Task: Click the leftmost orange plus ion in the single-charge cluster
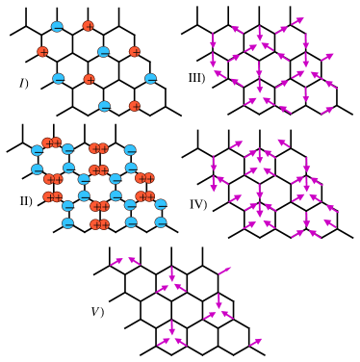(x=42, y=52)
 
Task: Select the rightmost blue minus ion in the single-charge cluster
(x=150, y=79)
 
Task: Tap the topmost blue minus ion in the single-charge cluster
(x=57, y=27)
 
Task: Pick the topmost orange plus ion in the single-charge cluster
(x=88, y=26)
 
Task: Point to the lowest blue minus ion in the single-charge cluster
(x=104, y=106)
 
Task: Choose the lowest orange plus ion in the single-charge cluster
(x=135, y=106)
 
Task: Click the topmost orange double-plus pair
(x=52, y=143)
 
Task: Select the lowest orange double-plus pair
(x=99, y=224)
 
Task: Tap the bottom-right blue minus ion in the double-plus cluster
(x=161, y=222)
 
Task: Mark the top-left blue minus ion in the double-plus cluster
(x=37, y=150)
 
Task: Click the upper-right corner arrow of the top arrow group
(x=297, y=21)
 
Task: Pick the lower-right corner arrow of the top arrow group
(x=326, y=111)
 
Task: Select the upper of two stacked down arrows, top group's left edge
(x=214, y=39)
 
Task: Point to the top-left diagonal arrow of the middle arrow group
(x=236, y=144)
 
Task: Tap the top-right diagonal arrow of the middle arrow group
(x=283, y=143)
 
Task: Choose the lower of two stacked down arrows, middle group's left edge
(x=214, y=183)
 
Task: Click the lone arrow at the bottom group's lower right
(x=255, y=342)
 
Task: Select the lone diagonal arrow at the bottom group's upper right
(x=224, y=271)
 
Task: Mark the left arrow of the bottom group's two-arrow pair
(x=116, y=261)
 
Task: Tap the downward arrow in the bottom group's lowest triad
(x=172, y=327)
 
